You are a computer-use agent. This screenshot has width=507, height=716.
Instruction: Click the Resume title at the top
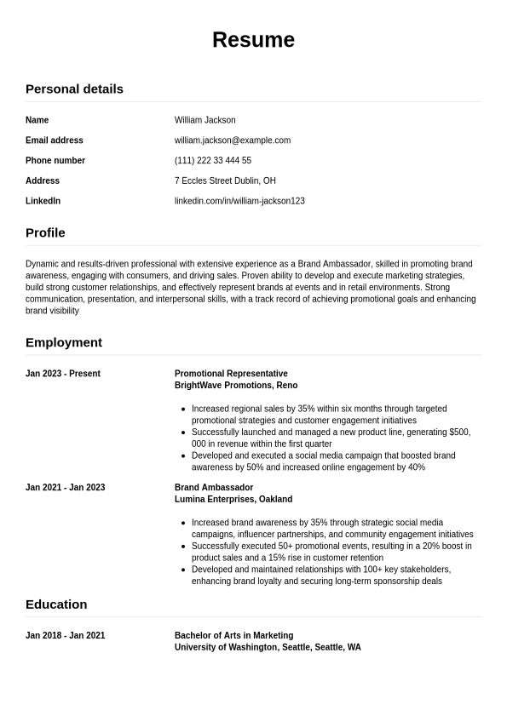[x=253, y=40]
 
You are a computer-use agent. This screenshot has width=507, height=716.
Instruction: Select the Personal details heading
[x=74, y=89]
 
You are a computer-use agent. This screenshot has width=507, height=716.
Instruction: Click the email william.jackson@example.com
[x=233, y=140]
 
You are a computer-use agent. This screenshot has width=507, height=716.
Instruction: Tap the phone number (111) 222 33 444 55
[x=213, y=161]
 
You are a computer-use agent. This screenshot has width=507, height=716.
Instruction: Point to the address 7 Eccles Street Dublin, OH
[x=225, y=181]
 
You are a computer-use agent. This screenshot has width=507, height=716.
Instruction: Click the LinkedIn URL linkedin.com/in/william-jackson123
[x=239, y=202]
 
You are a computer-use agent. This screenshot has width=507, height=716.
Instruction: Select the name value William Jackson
[x=205, y=120]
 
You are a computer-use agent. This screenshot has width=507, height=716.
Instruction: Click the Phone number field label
[x=55, y=161]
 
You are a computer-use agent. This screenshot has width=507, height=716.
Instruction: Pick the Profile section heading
[x=45, y=232]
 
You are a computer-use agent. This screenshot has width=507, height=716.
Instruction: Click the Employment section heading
[x=64, y=342]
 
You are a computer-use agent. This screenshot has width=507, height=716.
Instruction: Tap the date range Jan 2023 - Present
[x=63, y=374]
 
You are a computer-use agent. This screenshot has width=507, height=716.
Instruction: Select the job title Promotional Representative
[x=231, y=374]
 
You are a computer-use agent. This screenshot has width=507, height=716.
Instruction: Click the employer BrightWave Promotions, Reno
[x=236, y=386]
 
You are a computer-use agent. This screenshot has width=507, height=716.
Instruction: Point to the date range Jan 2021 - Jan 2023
[x=65, y=488]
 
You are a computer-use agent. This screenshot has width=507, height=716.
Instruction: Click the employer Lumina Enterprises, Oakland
[x=233, y=500]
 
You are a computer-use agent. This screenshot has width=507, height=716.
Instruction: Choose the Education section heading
[x=56, y=604]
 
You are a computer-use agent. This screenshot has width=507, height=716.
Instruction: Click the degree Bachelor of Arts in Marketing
[x=233, y=636]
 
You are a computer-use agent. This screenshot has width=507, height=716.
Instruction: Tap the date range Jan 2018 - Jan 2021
[x=65, y=636]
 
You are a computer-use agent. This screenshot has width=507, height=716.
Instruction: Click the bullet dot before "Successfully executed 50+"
[x=184, y=547]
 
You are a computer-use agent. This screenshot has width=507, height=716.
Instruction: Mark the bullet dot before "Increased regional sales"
[x=184, y=410]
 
